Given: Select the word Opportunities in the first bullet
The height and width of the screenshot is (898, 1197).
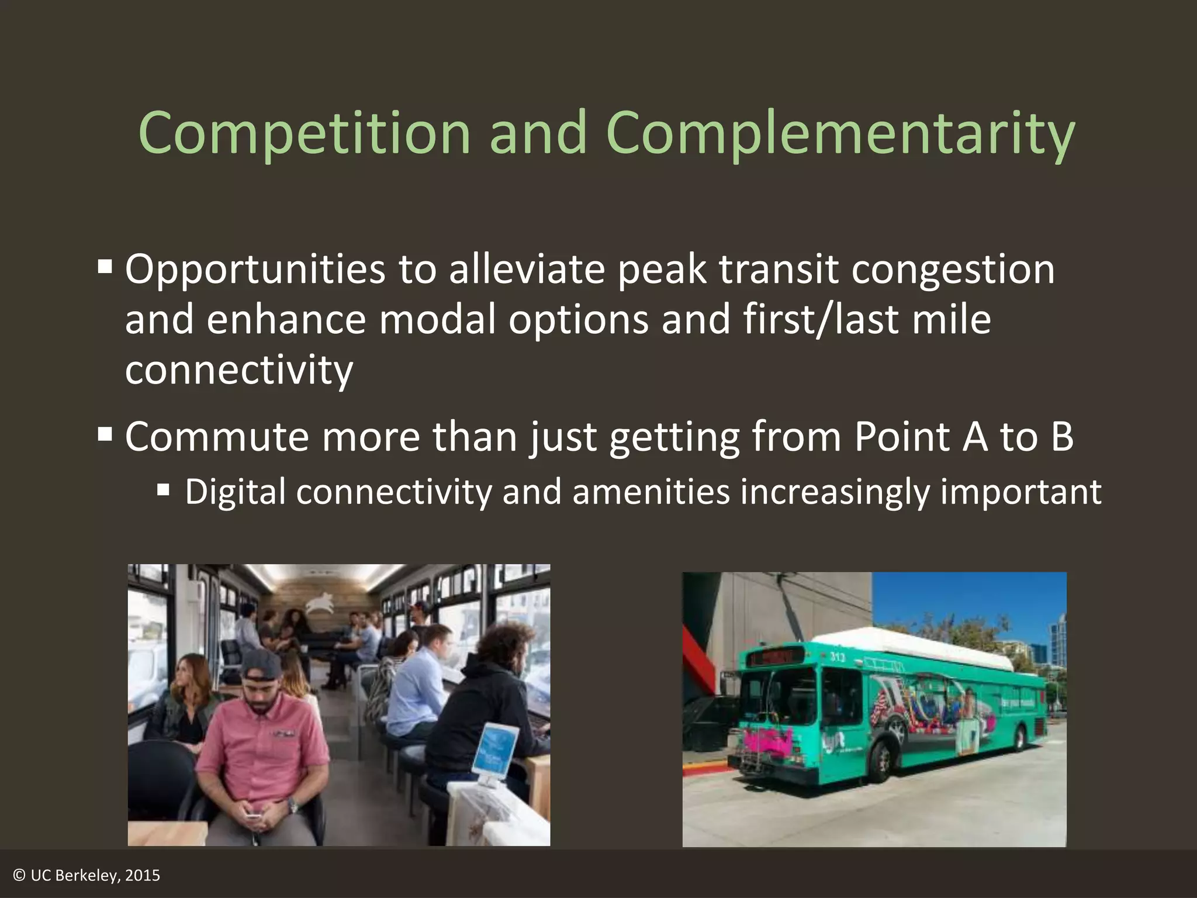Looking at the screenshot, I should [x=255, y=270].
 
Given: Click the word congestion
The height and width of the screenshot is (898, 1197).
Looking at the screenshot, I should [x=953, y=270].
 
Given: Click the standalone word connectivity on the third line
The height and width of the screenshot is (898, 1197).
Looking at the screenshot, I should [x=239, y=370].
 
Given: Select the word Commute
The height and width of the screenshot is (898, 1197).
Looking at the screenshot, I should [x=216, y=437].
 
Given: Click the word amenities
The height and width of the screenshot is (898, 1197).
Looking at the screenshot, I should [x=651, y=492].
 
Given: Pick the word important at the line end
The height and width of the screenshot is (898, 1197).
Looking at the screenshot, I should [x=1020, y=492].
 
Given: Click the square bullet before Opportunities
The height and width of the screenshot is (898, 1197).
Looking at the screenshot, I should [x=105, y=268].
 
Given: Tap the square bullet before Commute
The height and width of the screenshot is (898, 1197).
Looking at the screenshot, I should [x=105, y=434].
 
